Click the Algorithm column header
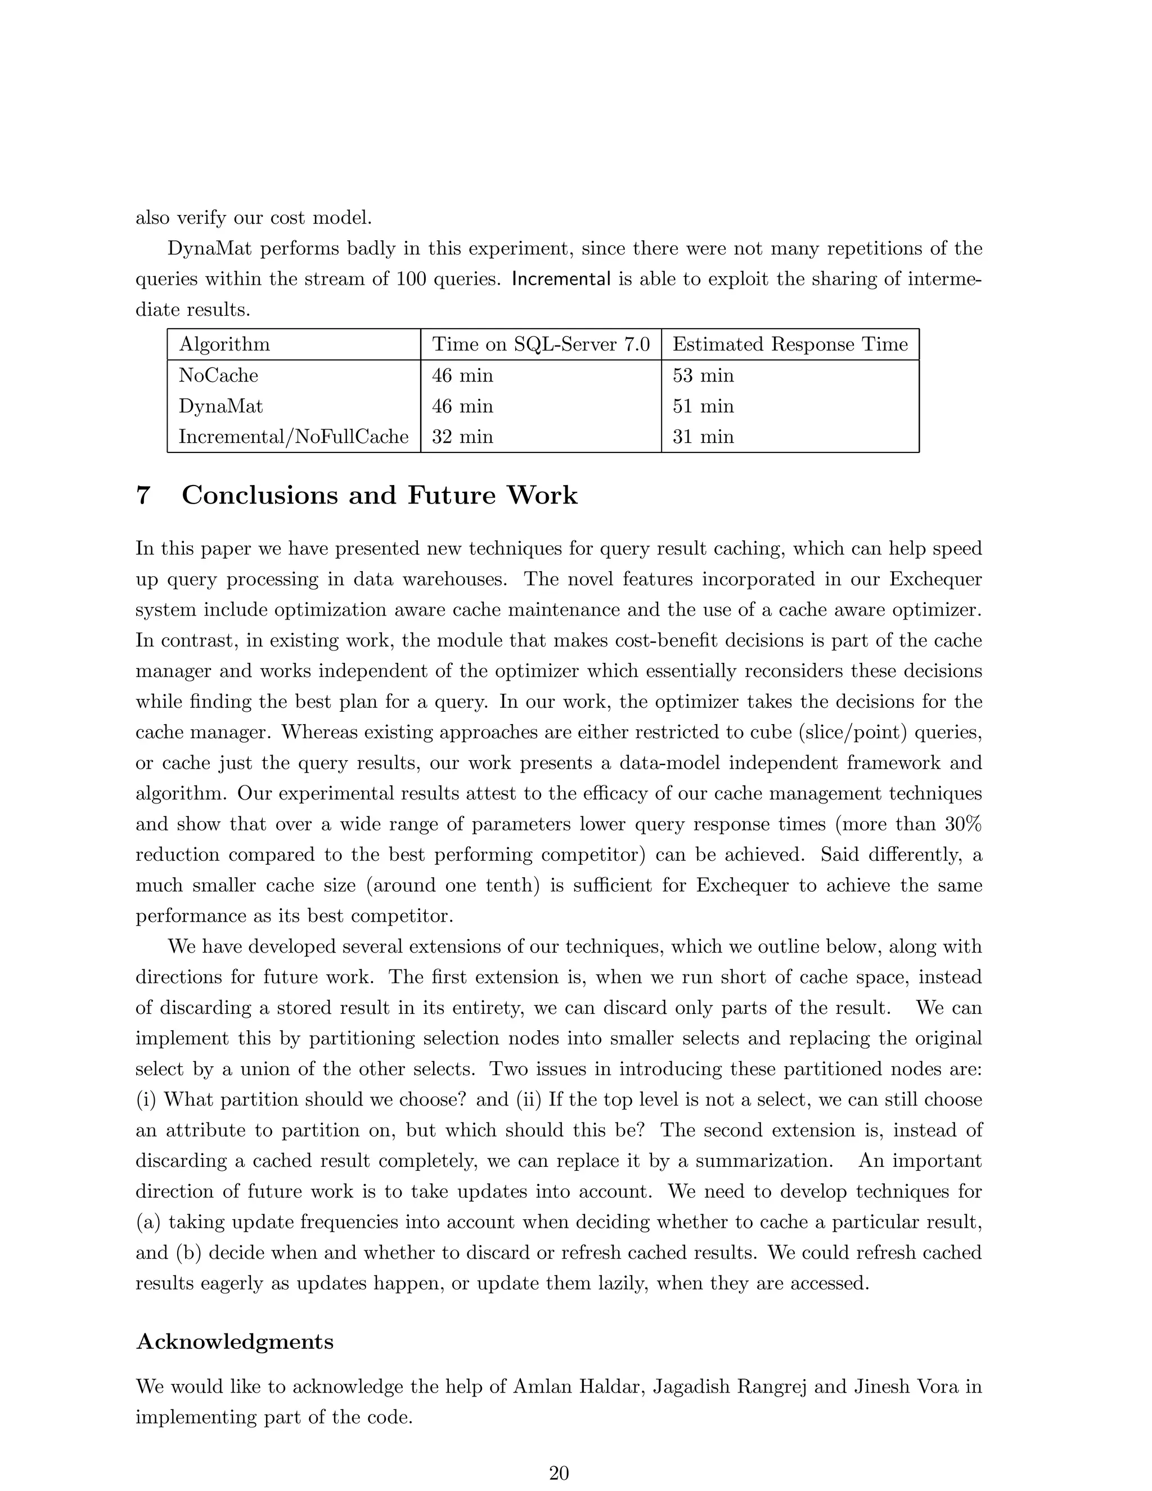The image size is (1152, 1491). pos(224,344)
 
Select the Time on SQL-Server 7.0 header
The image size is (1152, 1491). pos(541,344)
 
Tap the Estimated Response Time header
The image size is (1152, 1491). pos(790,344)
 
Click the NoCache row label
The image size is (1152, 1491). pos(218,375)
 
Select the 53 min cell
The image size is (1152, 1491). pos(703,375)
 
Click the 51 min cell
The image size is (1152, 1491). pos(703,406)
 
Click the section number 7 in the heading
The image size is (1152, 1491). pos(143,496)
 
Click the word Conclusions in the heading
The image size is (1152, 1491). pos(259,496)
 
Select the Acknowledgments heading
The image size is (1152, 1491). pos(235,1341)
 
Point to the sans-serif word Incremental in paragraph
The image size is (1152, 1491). pos(560,279)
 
